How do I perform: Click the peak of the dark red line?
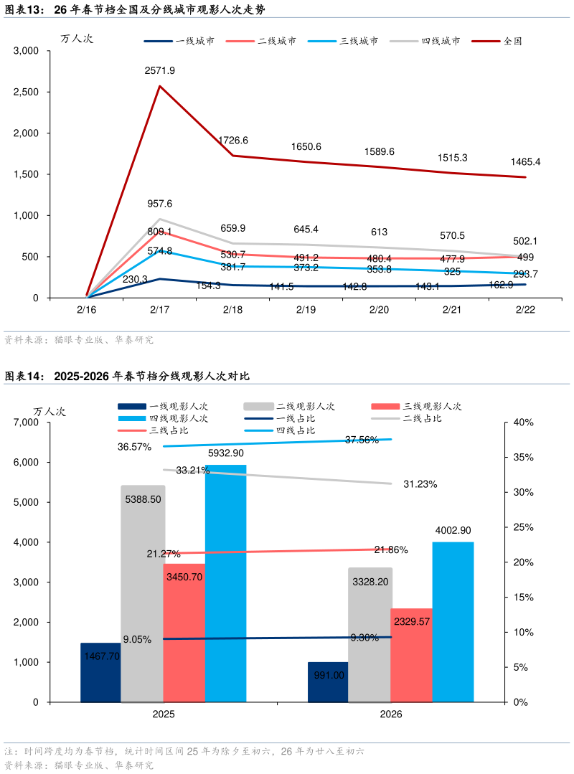[x=159, y=86]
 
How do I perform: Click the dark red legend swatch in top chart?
[x=485, y=41]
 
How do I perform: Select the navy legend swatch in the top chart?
[x=158, y=41]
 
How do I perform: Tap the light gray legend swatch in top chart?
[x=404, y=41]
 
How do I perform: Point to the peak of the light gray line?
[x=161, y=219]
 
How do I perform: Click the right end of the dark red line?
[x=526, y=177]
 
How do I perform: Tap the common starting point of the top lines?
[x=87, y=296]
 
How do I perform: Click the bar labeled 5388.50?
[x=142, y=595]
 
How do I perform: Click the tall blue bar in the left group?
[x=225, y=582]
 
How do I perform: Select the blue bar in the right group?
[x=453, y=621]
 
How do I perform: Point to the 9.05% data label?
[x=137, y=640]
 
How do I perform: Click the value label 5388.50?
[x=143, y=499]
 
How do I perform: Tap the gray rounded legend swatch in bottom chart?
[x=259, y=406]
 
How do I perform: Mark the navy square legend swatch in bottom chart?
[x=132, y=406]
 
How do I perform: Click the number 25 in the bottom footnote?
[x=192, y=752]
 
